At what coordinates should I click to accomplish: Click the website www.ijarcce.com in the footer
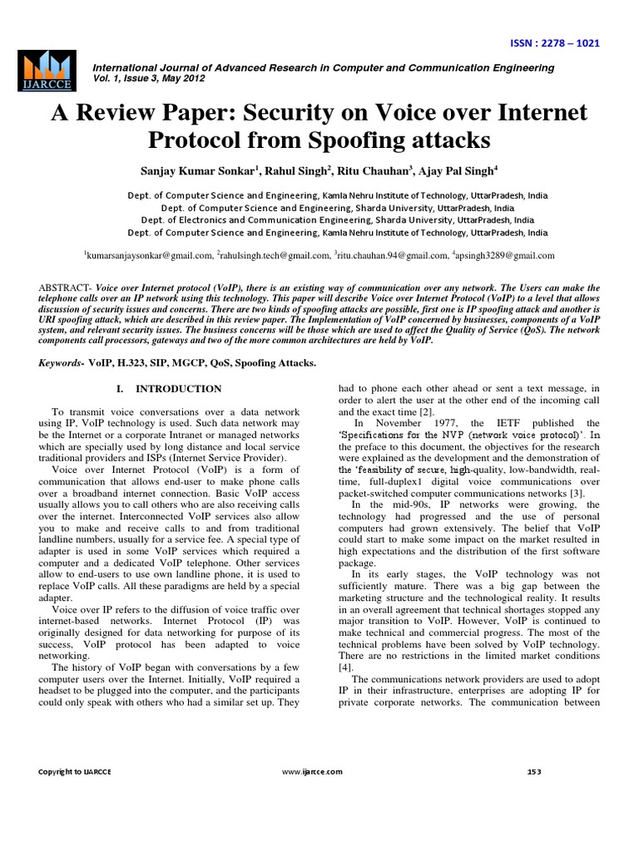tap(312, 771)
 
